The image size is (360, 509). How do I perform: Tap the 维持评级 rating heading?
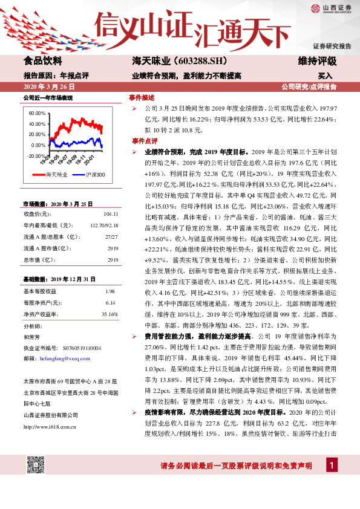tap(317, 61)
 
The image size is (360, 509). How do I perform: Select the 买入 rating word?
tap(325, 76)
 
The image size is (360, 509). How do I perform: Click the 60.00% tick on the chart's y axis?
tap(37, 113)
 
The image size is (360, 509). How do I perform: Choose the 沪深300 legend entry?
tap(91, 175)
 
